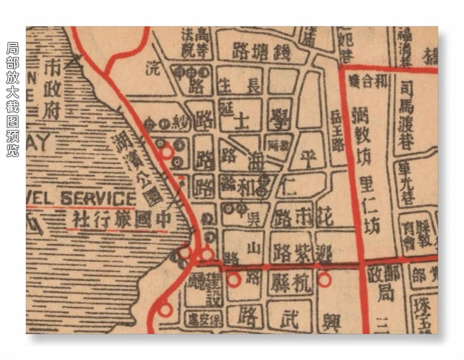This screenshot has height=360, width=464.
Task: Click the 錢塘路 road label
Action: pyautogui.click(x=261, y=52)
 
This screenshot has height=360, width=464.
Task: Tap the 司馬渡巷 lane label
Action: pyautogui.click(x=407, y=116)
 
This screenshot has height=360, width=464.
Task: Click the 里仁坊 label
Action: pyautogui.click(x=371, y=207)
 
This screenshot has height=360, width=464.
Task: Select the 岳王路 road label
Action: pyautogui.click(x=337, y=132)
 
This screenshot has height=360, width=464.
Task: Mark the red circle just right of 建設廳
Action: pyautogui.click(x=234, y=279)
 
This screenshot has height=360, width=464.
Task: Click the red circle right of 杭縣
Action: pyautogui.click(x=324, y=279)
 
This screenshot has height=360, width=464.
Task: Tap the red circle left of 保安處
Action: pyautogui.click(x=164, y=308)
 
